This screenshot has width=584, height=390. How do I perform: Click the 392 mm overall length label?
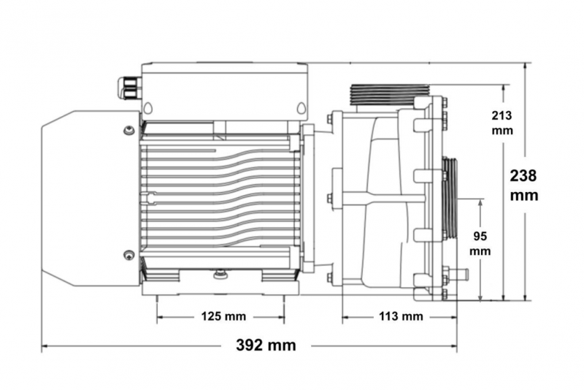(266, 345)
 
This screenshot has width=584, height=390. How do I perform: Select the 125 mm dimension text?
(223, 317)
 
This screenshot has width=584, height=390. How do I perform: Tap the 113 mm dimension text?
(401, 317)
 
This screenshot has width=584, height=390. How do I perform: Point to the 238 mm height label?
(523, 185)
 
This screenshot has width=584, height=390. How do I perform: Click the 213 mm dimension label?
(502, 123)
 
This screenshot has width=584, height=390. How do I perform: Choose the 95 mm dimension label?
(480, 244)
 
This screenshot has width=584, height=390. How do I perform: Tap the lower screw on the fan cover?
(129, 255)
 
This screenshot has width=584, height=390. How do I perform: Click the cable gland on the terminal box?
(129, 88)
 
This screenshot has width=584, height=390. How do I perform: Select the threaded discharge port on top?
(390, 94)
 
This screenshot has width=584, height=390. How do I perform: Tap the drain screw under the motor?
(220, 275)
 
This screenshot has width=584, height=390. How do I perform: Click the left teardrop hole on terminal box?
(148, 108)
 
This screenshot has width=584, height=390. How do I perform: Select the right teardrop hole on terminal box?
(301, 108)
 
